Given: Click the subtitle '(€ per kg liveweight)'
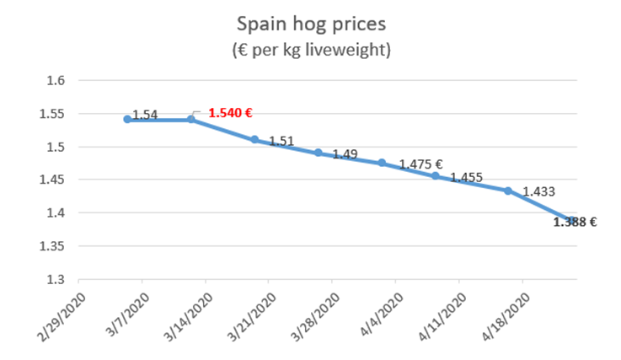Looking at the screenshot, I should pos(310,50).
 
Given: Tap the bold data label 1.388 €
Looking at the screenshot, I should pos(575,223).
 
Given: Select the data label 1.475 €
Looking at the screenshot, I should pos(421,164).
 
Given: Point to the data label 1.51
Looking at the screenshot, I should pos(281,142).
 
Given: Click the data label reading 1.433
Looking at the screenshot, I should pos(538,192).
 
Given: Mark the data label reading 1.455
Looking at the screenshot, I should pos(465,178).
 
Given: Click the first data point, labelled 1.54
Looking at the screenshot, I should pos(127,119).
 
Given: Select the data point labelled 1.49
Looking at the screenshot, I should pos(319,153).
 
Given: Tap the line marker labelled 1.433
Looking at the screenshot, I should pos(508,191).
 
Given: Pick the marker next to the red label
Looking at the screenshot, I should pos(190,119).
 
